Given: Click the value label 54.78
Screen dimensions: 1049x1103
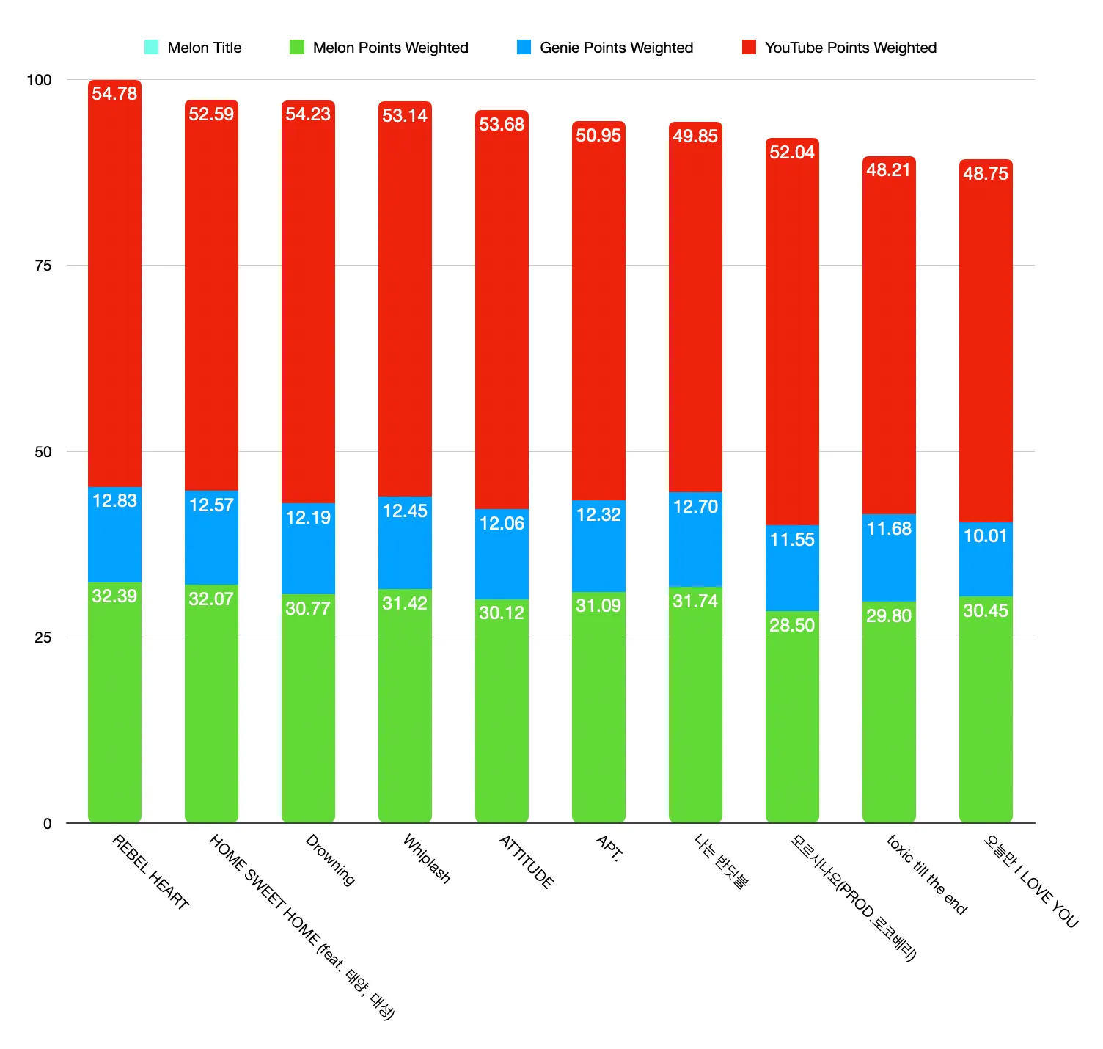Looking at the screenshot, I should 114,94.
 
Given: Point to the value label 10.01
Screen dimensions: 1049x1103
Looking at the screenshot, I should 985,536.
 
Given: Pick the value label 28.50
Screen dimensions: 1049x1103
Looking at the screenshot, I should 792,625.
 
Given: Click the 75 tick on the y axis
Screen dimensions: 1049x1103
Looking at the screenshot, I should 43,266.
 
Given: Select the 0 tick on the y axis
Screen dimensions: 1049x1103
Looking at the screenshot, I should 47,824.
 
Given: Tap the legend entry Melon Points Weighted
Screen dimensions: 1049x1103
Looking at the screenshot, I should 390,48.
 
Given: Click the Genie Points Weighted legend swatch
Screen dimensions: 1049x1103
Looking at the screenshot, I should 524,48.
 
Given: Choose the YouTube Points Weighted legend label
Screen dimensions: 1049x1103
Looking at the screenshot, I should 851,48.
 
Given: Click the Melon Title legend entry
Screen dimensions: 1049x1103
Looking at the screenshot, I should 204,48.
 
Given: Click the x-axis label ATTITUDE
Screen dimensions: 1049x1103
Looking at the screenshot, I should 526,862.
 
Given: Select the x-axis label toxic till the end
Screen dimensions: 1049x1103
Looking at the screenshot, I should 926,874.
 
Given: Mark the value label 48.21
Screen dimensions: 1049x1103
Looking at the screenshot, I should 888,170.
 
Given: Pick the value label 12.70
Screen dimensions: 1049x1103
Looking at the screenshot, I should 695,507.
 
